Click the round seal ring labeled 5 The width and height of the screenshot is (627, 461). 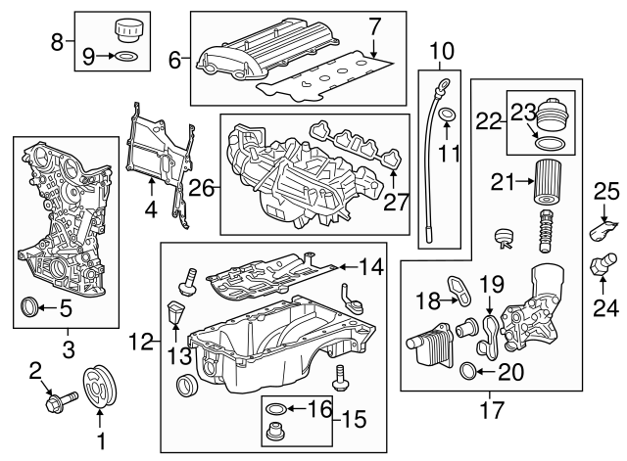[x=31, y=310]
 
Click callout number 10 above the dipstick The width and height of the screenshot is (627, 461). [x=442, y=48]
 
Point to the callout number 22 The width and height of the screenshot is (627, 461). [x=489, y=121]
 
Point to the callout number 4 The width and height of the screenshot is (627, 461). [x=150, y=208]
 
